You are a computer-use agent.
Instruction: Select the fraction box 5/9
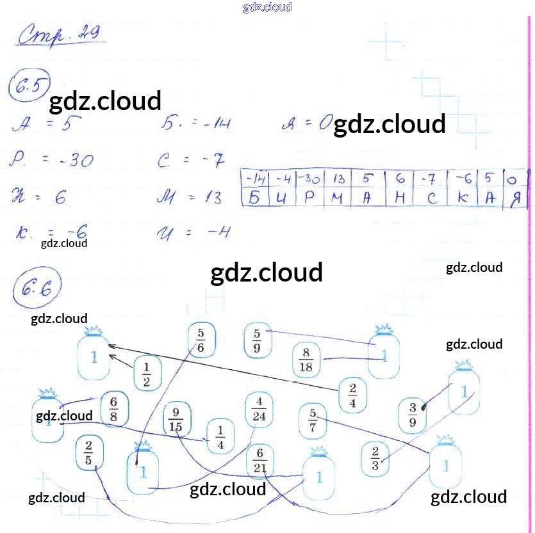(257, 341)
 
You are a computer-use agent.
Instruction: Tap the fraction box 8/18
(306, 360)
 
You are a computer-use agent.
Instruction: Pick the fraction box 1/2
(147, 374)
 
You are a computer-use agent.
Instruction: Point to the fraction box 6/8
(114, 408)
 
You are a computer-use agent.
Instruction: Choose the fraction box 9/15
(176, 418)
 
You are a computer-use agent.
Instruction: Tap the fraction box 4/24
(259, 410)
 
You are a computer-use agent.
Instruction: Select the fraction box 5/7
(313, 420)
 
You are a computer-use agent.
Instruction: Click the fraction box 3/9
(413, 415)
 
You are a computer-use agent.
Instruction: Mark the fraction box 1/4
(221, 436)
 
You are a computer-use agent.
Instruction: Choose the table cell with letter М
(338, 198)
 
